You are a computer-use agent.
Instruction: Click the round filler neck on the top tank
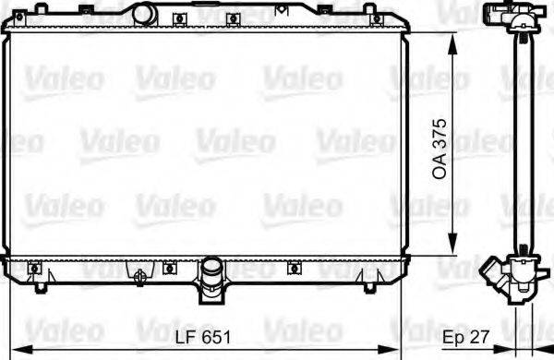click(144, 13)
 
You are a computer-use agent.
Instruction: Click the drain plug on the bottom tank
click(139, 275)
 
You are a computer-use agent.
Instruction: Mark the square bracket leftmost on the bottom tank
click(35, 269)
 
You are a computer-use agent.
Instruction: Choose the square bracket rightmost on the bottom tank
click(294, 269)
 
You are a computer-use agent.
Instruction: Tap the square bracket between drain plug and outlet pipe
click(169, 269)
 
